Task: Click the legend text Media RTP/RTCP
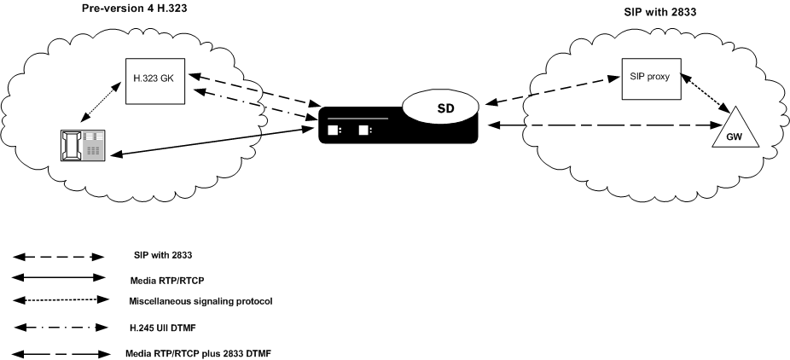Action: (167, 278)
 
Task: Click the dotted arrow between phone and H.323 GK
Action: (98, 106)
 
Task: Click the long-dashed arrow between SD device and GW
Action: (597, 126)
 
